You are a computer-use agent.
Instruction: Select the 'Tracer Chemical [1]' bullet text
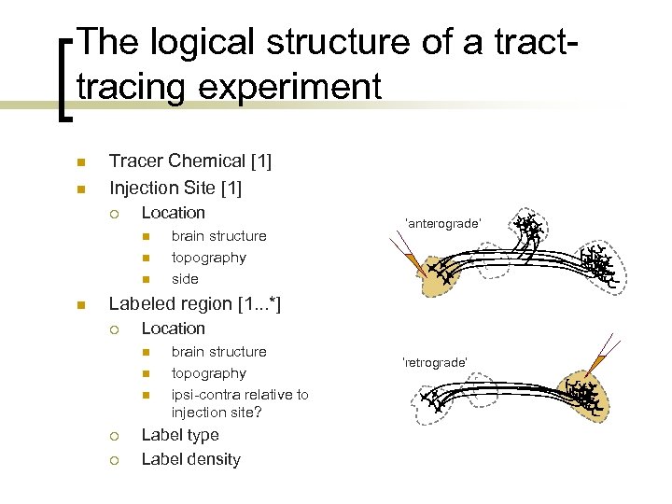tap(190, 161)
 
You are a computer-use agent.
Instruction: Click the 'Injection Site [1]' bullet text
tap(175, 189)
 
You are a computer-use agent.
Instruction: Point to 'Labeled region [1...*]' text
tap(195, 303)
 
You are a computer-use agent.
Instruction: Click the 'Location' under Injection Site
tap(173, 213)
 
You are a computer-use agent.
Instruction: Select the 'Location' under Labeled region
tap(173, 329)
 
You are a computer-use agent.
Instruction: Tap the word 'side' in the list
tap(185, 279)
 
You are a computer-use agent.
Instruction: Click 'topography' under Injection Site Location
tap(209, 258)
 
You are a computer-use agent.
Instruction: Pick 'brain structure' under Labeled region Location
tap(218, 352)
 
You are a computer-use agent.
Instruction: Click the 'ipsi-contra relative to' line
tap(240, 395)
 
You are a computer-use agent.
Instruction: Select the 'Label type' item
tap(180, 435)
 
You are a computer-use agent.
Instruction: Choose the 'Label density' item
tap(190, 459)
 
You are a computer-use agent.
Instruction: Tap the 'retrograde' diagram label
tap(434, 361)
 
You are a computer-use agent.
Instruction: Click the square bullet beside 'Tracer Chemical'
tap(81, 162)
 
